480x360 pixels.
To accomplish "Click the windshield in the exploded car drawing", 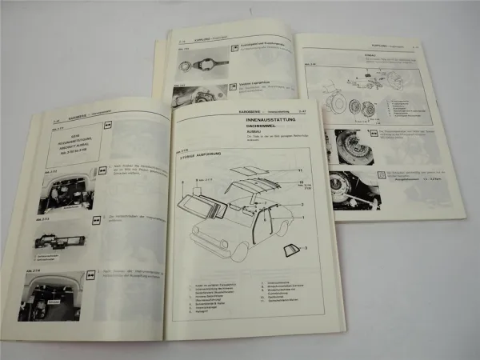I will [210, 198].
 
